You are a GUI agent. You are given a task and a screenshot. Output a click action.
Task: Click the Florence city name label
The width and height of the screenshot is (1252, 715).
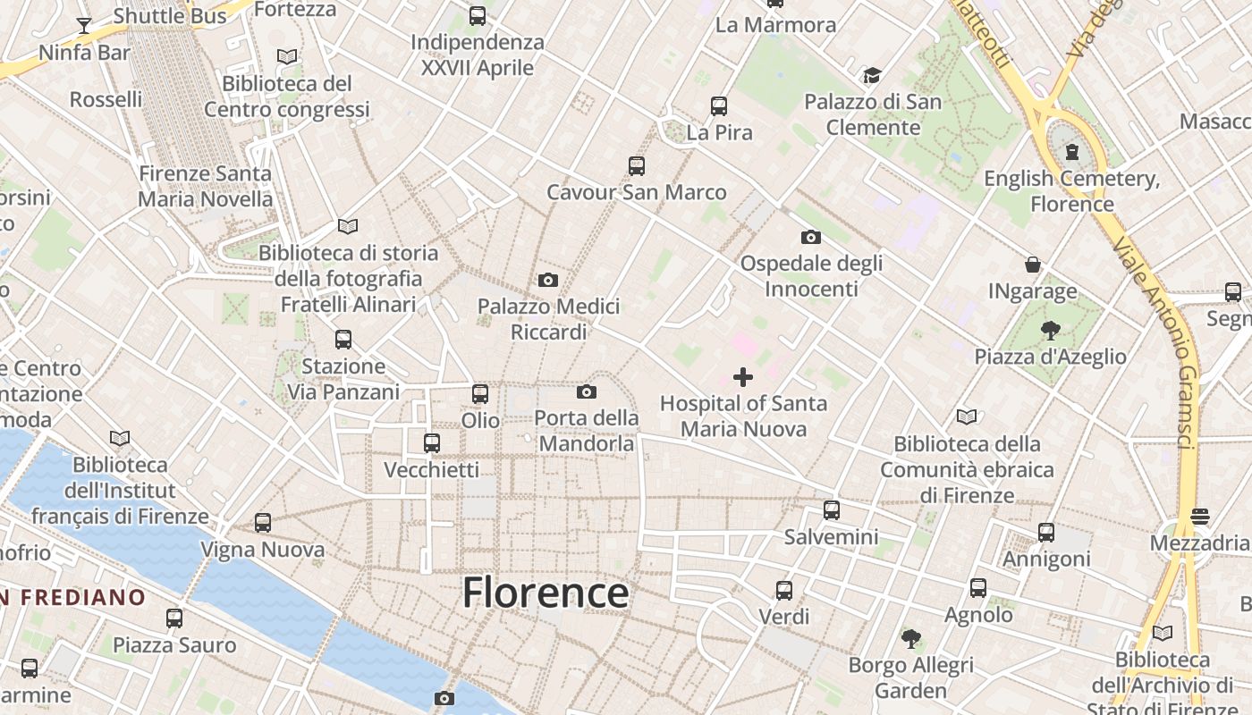[x=546, y=593]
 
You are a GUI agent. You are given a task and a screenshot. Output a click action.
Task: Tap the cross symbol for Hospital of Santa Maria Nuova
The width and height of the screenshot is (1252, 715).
[x=743, y=377]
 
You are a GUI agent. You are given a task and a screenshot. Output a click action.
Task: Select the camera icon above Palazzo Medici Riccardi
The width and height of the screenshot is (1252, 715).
[x=548, y=281]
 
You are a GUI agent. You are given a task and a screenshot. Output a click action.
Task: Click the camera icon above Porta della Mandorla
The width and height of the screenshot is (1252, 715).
[x=587, y=391]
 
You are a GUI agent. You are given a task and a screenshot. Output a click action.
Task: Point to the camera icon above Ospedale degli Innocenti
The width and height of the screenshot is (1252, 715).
[x=811, y=237]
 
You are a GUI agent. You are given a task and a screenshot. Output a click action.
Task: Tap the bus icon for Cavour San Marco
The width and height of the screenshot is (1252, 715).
[x=637, y=165]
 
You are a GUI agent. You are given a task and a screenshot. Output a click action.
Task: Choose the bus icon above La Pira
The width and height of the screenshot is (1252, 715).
[x=719, y=106]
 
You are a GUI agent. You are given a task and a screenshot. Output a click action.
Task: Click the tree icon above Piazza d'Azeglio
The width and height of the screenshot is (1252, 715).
[x=1051, y=331]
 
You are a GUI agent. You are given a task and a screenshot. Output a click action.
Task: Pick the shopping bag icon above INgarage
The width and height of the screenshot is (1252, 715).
[x=1033, y=265]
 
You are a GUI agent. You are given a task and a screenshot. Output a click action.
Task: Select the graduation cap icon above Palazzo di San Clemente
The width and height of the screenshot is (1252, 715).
[x=872, y=76]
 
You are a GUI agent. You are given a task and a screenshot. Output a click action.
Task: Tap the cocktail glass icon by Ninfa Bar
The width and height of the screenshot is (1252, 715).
[x=84, y=25]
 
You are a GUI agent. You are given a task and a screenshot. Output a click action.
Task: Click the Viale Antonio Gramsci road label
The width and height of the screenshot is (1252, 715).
[x=1163, y=349]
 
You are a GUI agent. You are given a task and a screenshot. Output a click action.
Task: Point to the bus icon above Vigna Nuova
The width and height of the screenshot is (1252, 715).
[x=263, y=523]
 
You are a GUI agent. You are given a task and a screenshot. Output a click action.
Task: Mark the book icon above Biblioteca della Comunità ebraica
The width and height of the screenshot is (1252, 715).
[x=967, y=416]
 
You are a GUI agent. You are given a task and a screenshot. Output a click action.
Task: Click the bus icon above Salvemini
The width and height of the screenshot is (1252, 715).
[x=832, y=510]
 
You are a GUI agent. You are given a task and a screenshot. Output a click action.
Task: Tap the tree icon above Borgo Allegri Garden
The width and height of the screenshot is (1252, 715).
[x=911, y=638]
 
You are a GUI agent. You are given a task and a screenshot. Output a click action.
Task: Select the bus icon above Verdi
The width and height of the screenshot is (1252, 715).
[x=784, y=591]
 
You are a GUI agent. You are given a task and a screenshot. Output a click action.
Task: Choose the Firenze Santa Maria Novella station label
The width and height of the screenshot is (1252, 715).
[x=205, y=186]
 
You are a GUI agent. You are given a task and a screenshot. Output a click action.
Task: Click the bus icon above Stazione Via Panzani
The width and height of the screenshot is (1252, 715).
[x=343, y=340]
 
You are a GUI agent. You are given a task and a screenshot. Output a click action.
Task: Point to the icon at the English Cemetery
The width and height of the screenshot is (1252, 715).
[x=1072, y=152]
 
